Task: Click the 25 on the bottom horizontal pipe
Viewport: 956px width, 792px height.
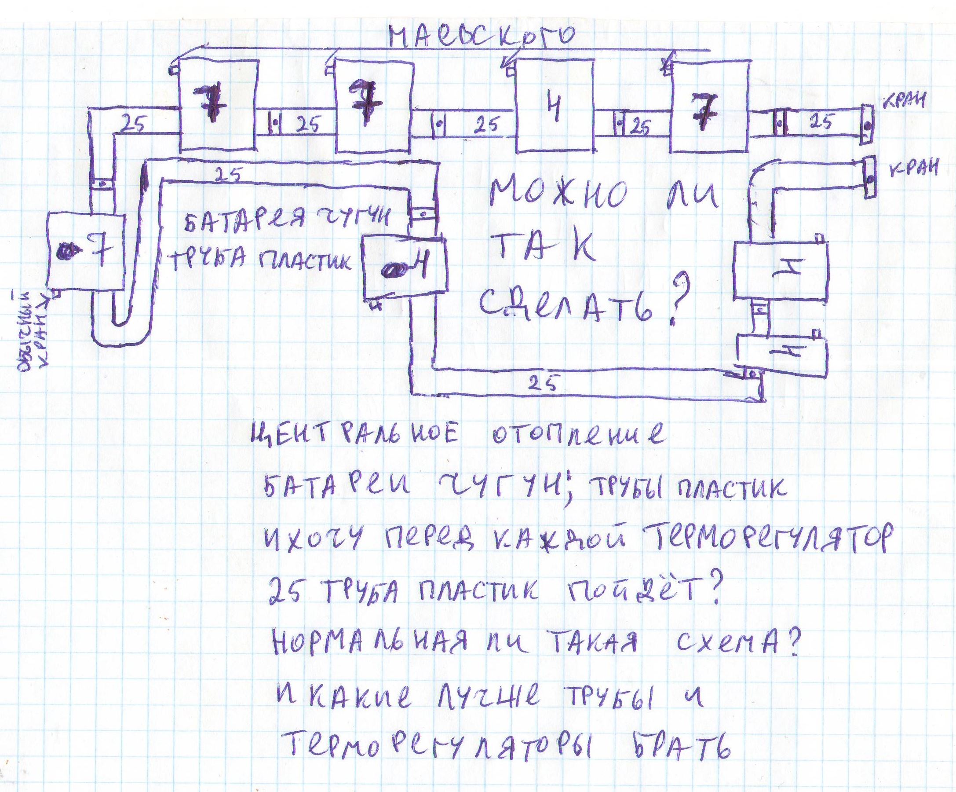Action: pyautogui.click(x=543, y=385)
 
